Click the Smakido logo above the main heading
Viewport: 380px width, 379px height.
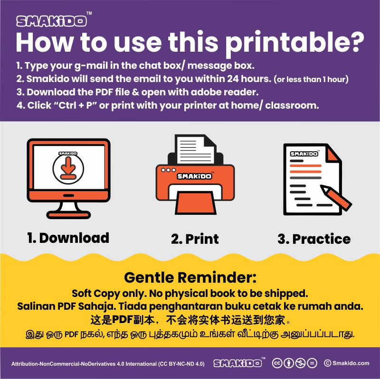(x=51, y=21)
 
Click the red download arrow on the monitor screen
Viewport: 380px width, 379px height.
(x=68, y=168)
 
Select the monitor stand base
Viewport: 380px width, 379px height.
(x=68, y=215)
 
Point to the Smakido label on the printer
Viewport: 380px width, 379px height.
(x=194, y=176)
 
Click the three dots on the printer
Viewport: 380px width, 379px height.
(x=169, y=170)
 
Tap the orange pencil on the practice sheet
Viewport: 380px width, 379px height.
(x=336, y=197)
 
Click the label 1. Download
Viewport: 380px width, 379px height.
(x=68, y=238)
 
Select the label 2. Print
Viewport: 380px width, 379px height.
(x=195, y=239)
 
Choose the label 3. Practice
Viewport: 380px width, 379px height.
(x=314, y=239)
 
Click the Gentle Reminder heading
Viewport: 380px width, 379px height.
(x=190, y=277)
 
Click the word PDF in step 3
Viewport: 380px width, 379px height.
(x=104, y=92)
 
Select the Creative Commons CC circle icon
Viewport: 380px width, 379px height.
(x=277, y=363)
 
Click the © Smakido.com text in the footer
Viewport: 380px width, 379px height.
(x=347, y=363)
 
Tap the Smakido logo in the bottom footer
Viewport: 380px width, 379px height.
(x=237, y=363)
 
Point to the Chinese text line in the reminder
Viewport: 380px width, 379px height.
(x=190, y=320)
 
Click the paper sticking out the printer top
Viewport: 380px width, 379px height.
(x=195, y=149)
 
